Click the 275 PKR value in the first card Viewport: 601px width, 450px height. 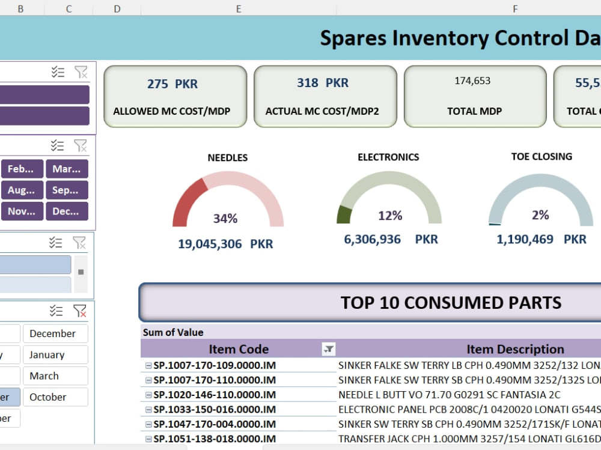[172, 84]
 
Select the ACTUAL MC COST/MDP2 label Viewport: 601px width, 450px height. [325, 111]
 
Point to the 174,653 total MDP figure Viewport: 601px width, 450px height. [472, 81]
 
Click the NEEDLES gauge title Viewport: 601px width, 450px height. [227, 157]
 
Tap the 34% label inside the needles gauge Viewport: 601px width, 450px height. [225, 219]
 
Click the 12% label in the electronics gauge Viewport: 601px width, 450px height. [389, 216]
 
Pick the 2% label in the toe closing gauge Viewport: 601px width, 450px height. [540, 215]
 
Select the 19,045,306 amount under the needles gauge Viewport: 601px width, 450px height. [210, 244]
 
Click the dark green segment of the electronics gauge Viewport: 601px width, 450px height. [344, 214]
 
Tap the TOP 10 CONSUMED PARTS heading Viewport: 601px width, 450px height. [451, 302]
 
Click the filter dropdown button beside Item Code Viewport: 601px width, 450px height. [329, 349]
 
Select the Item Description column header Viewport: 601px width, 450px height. [515, 349]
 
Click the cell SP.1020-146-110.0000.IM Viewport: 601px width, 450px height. [215, 395]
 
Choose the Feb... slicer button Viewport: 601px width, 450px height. [22, 169]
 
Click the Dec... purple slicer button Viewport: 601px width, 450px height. [66, 211]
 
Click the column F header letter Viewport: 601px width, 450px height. [515, 8]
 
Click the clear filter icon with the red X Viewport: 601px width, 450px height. [79, 311]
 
